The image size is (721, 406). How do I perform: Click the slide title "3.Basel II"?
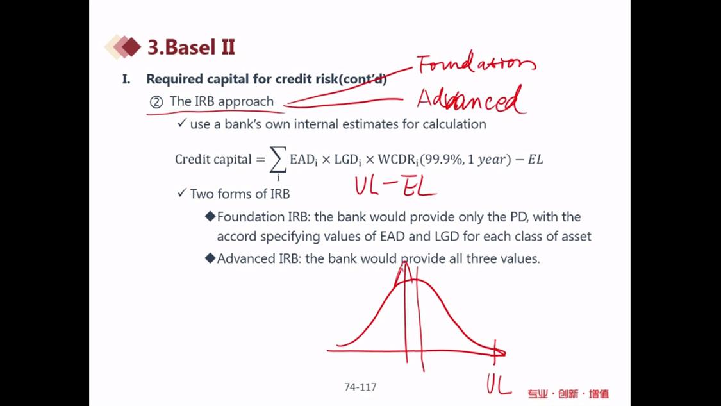pyautogui.click(x=191, y=47)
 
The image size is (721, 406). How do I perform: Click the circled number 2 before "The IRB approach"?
pyautogui.click(x=156, y=102)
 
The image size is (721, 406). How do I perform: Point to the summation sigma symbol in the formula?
pyautogui.click(x=278, y=160)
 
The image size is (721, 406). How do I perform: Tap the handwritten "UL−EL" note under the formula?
pyautogui.click(x=395, y=186)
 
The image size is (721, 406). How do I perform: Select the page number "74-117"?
pyautogui.click(x=360, y=387)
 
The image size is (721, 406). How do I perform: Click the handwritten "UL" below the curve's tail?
pyautogui.click(x=499, y=384)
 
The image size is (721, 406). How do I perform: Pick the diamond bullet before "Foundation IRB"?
pyautogui.click(x=211, y=216)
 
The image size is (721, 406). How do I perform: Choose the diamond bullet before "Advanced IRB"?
pyautogui.click(x=211, y=258)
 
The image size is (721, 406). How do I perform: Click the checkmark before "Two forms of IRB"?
pyautogui.click(x=181, y=192)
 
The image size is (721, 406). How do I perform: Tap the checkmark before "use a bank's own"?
pyautogui.click(x=181, y=123)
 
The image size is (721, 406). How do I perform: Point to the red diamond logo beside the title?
pyautogui.click(x=123, y=47)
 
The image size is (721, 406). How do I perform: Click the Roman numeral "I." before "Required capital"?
pyautogui.click(x=126, y=79)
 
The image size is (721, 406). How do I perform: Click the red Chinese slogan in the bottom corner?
pyautogui.click(x=568, y=394)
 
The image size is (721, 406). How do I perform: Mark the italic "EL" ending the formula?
pyautogui.click(x=535, y=159)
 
